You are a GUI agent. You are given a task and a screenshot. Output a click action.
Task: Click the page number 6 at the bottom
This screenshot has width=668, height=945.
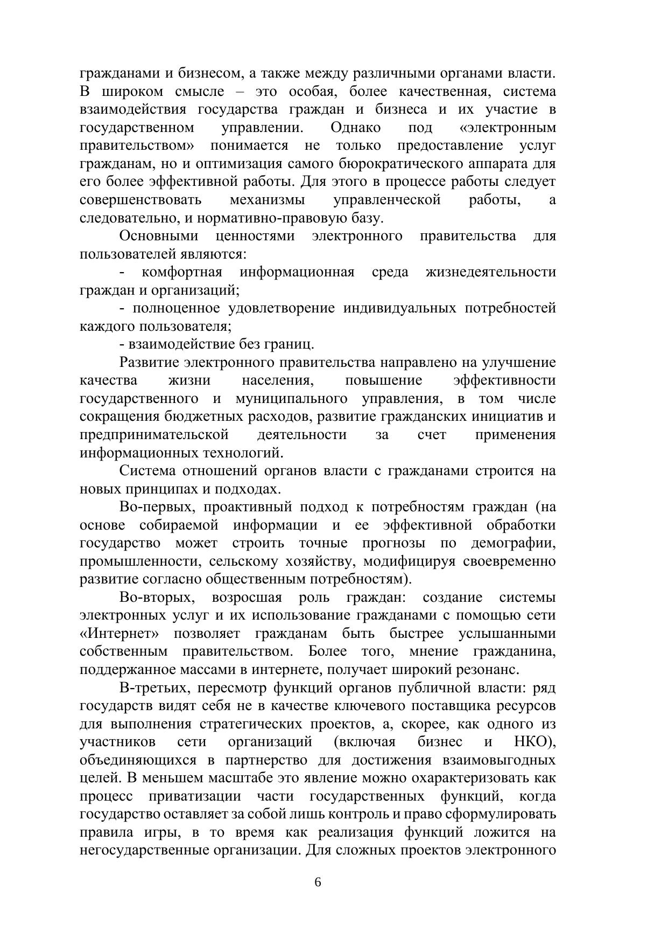tap(318, 882)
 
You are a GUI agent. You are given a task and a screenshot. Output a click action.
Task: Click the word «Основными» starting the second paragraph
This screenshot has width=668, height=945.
tap(159, 236)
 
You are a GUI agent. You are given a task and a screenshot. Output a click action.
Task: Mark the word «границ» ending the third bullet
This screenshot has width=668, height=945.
tap(291, 344)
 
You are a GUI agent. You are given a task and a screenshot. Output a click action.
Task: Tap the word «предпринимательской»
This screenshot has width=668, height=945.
tap(154, 435)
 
